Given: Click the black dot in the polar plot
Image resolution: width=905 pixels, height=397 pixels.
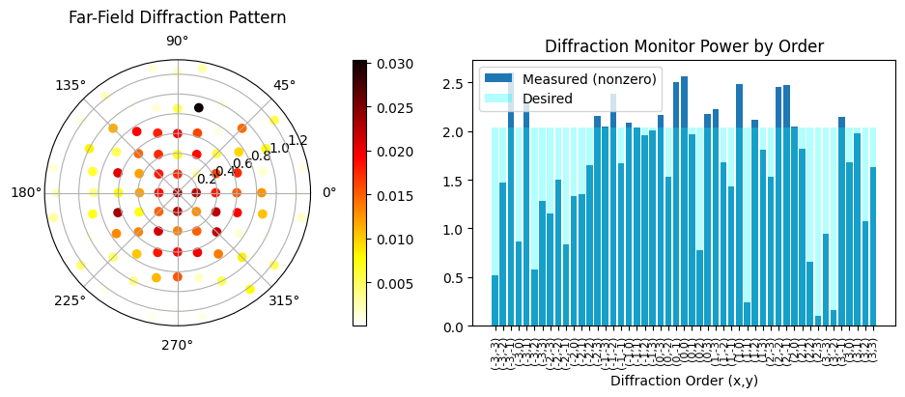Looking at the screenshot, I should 198,107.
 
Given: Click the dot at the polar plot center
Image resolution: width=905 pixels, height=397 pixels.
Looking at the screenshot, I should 178,192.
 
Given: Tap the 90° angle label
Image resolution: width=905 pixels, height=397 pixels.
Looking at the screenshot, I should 178,41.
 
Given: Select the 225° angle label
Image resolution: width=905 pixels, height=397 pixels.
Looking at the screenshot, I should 71,300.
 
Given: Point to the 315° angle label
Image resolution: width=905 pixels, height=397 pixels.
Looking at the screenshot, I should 284,300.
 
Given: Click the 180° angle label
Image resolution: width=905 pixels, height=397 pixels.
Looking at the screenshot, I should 26,192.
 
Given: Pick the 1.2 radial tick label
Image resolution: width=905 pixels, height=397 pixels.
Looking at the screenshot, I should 298,140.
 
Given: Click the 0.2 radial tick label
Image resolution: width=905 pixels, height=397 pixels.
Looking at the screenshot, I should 207,179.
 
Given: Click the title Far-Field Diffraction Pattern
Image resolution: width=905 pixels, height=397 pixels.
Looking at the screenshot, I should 178,17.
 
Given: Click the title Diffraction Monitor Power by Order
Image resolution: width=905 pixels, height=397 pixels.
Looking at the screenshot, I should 683,46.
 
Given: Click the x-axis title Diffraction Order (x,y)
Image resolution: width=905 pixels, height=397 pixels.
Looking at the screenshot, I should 683,382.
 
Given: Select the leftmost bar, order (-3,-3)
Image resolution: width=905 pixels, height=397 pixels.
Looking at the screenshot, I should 495,301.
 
